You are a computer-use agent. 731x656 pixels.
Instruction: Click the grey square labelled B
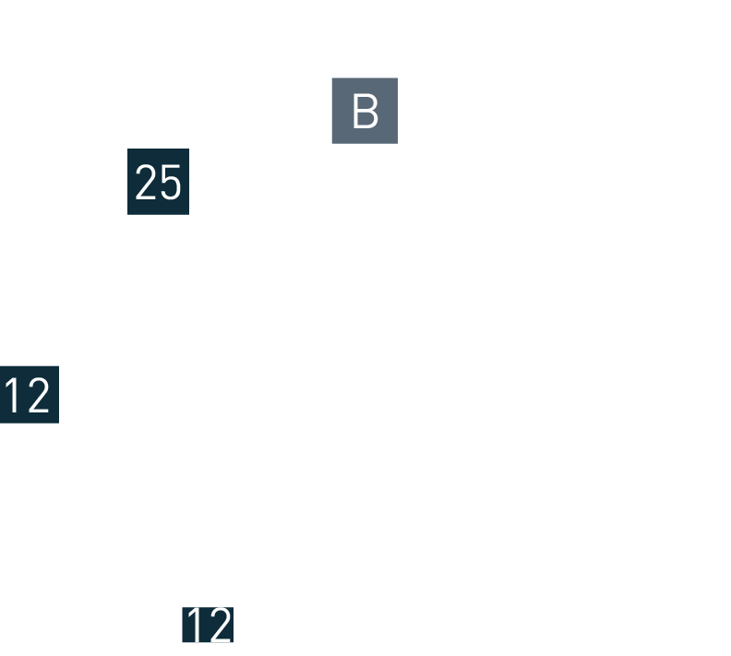(364, 111)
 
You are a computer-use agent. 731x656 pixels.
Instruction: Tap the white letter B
(365, 112)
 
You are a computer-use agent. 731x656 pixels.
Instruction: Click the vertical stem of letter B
(355, 112)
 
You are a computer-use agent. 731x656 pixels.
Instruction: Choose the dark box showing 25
(158, 182)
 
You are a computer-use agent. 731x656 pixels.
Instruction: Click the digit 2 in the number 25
(146, 183)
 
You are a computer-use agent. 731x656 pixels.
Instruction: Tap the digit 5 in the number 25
(170, 183)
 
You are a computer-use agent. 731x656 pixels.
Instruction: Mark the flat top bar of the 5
(171, 166)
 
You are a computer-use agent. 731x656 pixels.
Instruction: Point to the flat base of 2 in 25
(146, 199)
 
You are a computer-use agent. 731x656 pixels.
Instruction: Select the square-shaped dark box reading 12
(29, 394)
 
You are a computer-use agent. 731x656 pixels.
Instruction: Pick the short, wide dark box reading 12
(208, 625)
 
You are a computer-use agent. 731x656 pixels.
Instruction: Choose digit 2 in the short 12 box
(219, 625)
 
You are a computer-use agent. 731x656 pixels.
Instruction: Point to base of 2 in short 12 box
(219, 640)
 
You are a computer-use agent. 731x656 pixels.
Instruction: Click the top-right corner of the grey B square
(397, 78)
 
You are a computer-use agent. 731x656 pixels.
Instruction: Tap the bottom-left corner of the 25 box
(128, 214)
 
